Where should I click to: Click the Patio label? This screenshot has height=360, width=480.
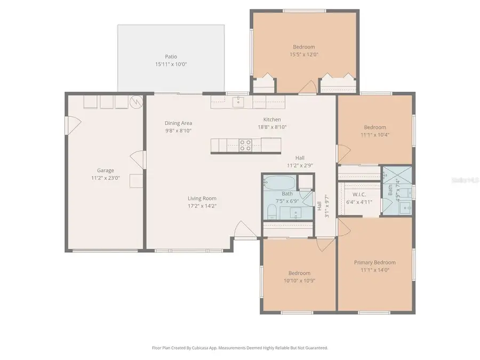(x=171, y=57)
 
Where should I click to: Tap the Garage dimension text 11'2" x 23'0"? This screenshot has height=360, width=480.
(x=105, y=178)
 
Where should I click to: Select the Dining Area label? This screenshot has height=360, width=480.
(x=178, y=123)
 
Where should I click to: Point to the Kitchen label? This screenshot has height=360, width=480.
(x=272, y=119)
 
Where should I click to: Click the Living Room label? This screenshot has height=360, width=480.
(x=202, y=198)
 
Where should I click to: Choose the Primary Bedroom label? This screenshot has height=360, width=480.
(x=375, y=262)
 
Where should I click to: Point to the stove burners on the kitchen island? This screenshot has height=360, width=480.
(x=245, y=145)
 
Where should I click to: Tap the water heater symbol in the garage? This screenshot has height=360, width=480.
(x=137, y=101)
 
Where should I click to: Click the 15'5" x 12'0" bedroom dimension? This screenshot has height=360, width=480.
(x=303, y=54)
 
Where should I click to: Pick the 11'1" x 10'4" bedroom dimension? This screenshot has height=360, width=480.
(x=375, y=134)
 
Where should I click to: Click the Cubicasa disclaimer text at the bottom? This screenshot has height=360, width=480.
(x=240, y=348)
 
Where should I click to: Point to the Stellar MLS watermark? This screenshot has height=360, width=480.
(x=465, y=181)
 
